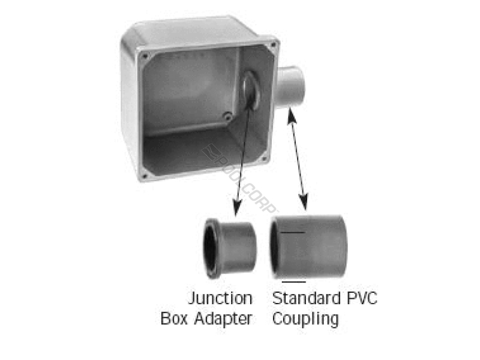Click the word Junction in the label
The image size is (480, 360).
[220, 298]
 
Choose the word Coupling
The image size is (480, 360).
[305, 319]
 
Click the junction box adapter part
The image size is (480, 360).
[231, 248]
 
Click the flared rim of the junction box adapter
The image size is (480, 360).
[211, 248]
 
